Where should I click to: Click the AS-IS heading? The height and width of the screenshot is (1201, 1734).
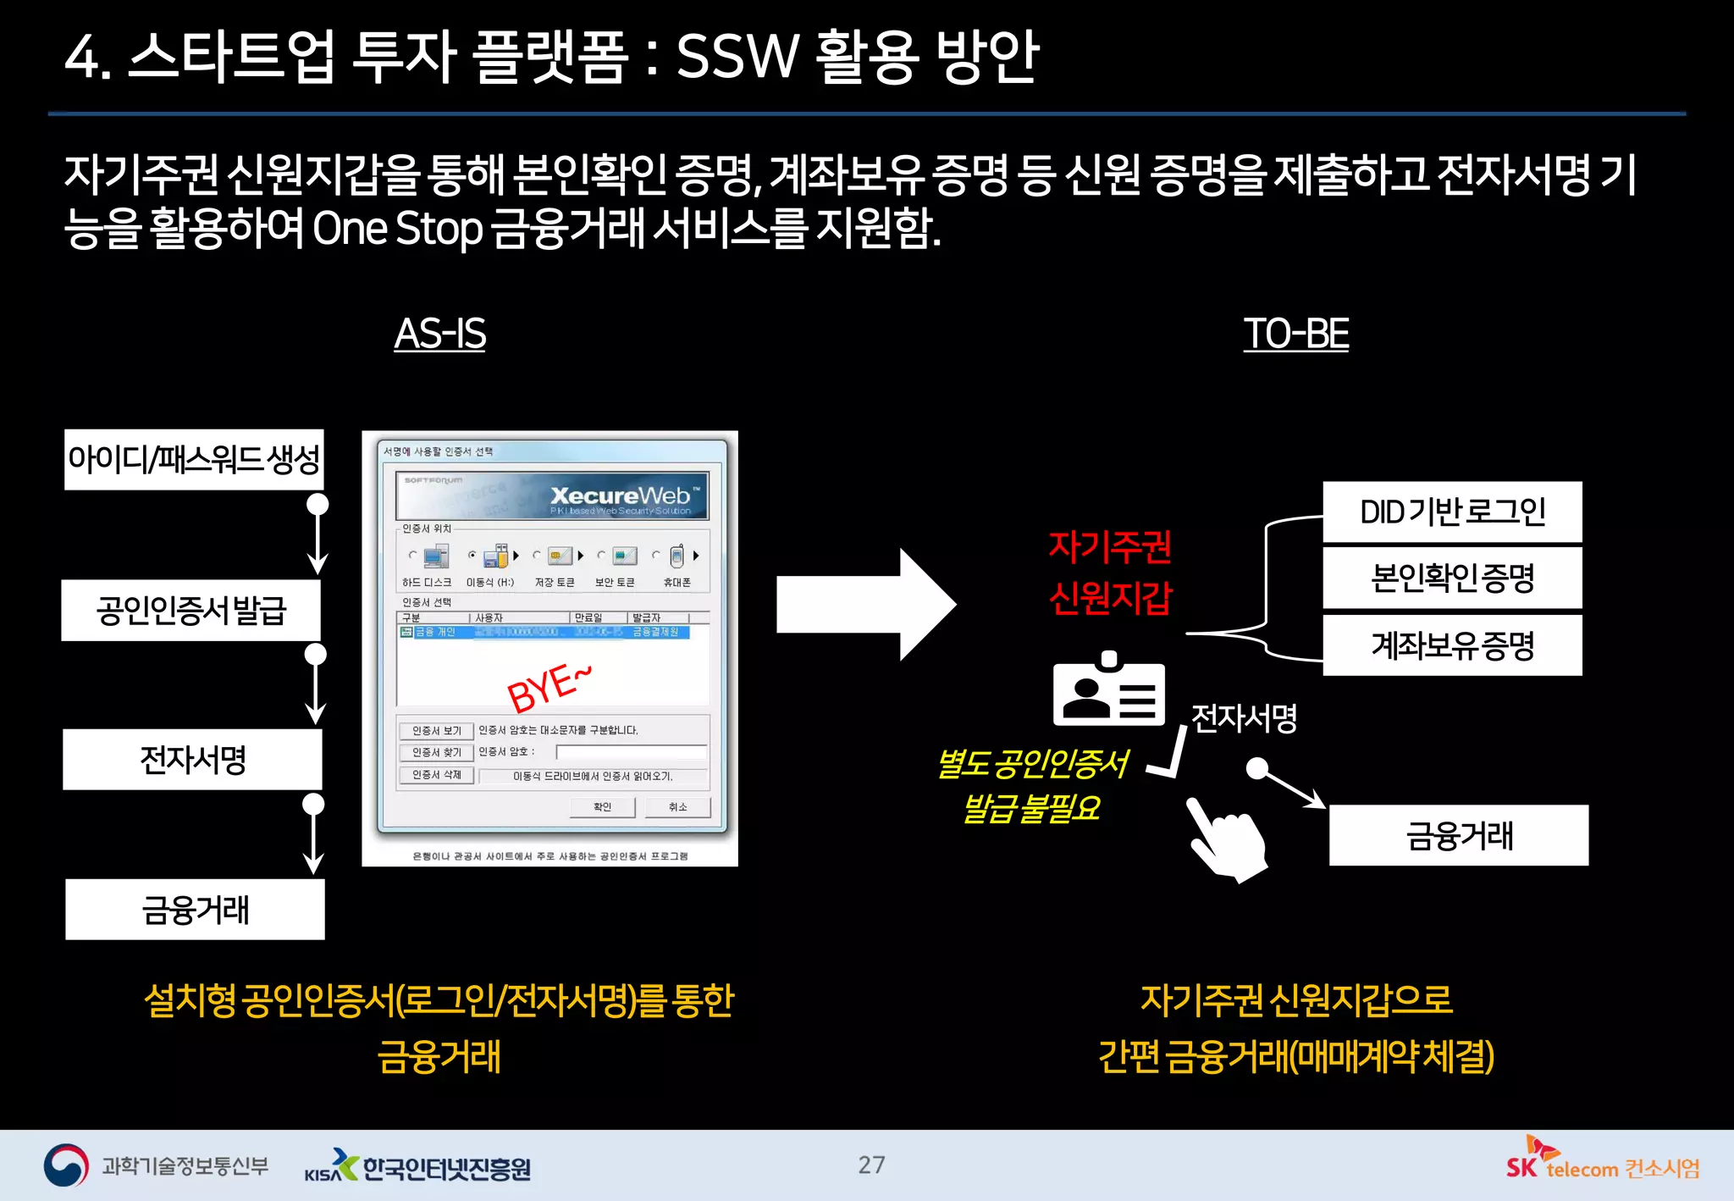pyautogui.click(x=439, y=334)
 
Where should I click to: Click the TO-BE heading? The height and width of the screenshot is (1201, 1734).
pyautogui.click(x=1295, y=334)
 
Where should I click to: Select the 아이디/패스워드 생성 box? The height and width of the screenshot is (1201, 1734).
pyautogui.click(x=194, y=460)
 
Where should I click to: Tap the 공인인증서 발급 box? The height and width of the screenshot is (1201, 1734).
pyautogui.click(x=191, y=610)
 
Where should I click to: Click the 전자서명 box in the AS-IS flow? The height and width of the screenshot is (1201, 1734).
pyautogui.click(x=192, y=760)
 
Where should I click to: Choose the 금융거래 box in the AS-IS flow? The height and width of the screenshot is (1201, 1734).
pyautogui.click(x=195, y=910)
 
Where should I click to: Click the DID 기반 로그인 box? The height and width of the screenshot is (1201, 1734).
pyautogui.click(x=1452, y=512)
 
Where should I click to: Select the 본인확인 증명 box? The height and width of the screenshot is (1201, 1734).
pyautogui.click(x=1452, y=578)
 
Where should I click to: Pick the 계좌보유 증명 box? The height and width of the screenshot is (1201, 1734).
pyautogui.click(x=1452, y=645)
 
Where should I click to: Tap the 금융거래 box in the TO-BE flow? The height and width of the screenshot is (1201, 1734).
pyautogui.click(x=1458, y=836)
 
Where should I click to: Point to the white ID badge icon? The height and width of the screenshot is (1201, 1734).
pyautogui.click(x=1108, y=690)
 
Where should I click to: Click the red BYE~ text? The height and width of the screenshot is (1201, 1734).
pyautogui.click(x=548, y=689)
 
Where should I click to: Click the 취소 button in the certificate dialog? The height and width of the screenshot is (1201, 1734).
pyautogui.click(x=677, y=807)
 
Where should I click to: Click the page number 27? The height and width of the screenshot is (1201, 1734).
pyautogui.click(x=871, y=1165)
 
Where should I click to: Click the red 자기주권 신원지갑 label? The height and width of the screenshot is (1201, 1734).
pyautogui.click(x=1110, y=573)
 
